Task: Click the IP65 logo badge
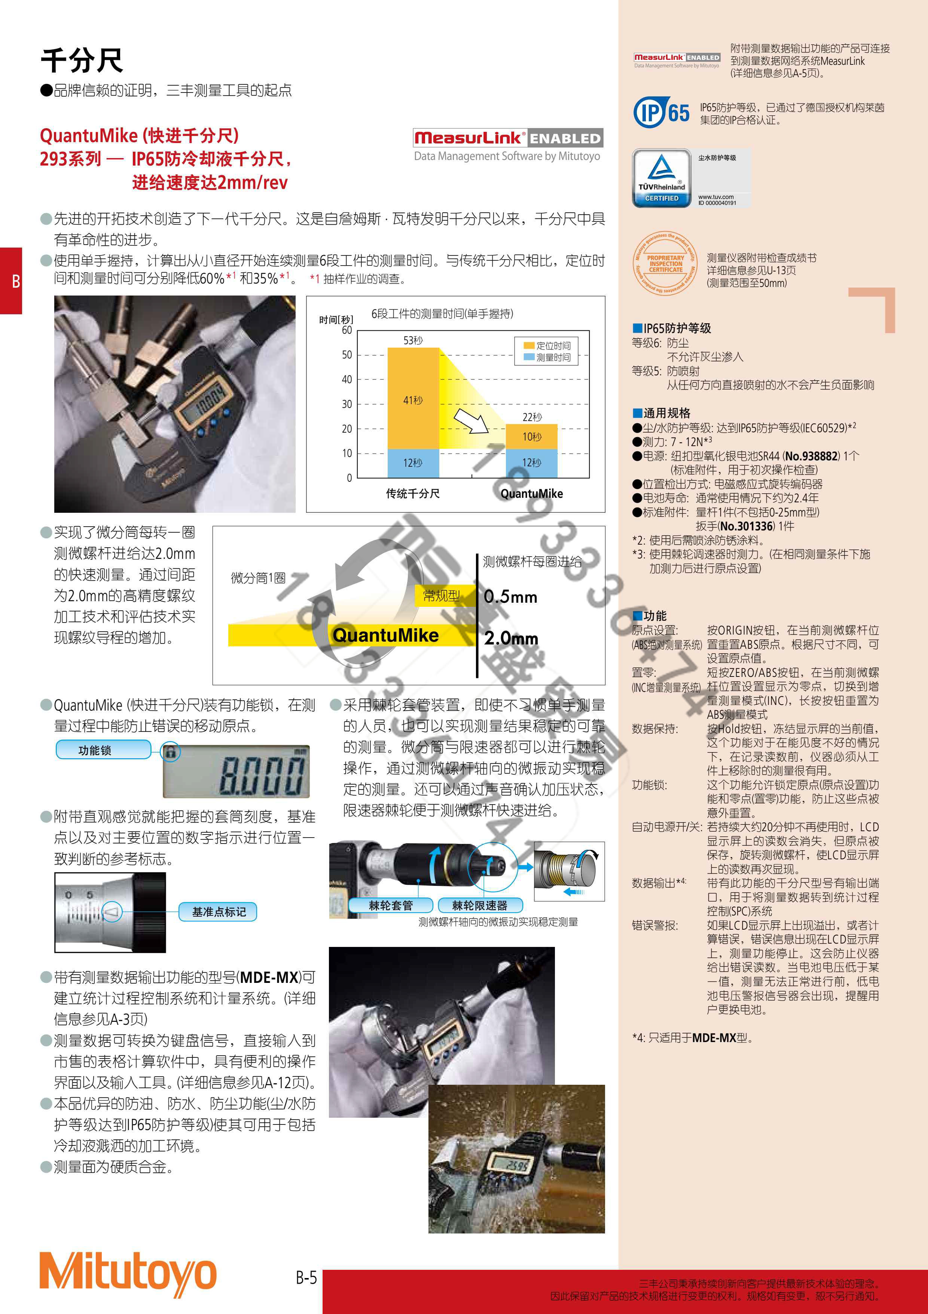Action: tap(662, 112)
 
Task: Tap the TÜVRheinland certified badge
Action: tap(662, 178)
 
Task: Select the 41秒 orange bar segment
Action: tap(413, 399)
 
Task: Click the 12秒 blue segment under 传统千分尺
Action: tap(413, 463)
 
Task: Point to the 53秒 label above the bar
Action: tap(413, 340)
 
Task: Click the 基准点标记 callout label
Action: tap(219, 912)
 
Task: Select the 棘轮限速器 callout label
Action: tap(480, 905)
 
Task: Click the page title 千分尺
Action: tap(82, 60)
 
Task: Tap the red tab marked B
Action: tap(12, 281)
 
